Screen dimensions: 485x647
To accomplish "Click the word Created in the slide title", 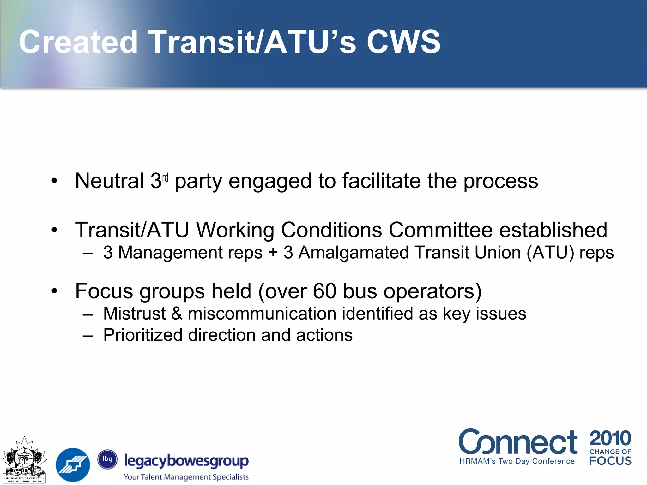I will click(x=78, y=42).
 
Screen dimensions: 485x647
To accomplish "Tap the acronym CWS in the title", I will click(x=403, y=42).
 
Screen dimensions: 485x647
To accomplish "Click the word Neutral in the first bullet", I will click(x=110, y=181).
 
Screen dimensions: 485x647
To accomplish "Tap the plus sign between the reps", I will click(x=273, y=253).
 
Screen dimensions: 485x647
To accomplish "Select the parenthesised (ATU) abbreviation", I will click(x=550, y=253).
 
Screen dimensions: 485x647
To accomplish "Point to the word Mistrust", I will click(x=135, y=314).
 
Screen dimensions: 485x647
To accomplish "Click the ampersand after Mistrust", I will click(x=177, y=314).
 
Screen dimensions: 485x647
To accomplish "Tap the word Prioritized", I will click(x=143, y=335).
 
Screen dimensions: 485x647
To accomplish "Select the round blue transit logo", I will click(x=73, y=465).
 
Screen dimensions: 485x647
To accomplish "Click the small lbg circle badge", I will click(x=107, y=459).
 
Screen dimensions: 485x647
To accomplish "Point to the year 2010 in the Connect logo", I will click(x=610, y=438).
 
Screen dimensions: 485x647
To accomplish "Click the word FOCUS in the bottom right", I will click(x=610, y=461).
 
